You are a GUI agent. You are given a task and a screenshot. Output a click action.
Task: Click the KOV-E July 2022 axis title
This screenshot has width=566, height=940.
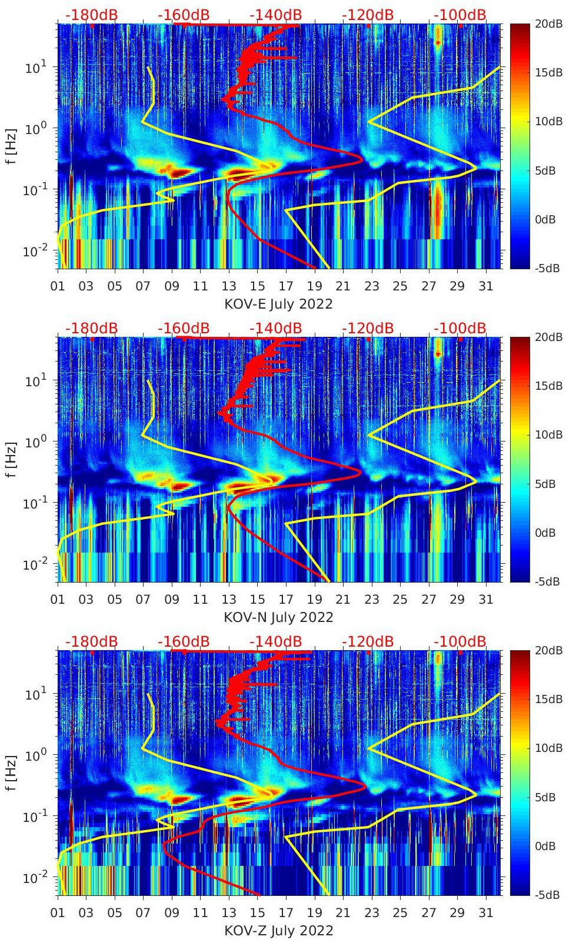coord(278,304)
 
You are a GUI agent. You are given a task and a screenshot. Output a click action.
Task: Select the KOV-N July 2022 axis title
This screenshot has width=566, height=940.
coord(278,617)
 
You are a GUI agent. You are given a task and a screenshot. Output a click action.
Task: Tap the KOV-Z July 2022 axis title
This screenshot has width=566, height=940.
coord(278,931)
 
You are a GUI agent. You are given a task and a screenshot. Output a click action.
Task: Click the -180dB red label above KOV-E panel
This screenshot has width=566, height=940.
coord(91,15)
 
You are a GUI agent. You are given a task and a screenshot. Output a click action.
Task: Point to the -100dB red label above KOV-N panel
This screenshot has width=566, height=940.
coord(460,328)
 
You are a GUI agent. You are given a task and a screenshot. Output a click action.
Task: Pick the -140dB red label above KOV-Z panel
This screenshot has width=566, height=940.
coord(275,641)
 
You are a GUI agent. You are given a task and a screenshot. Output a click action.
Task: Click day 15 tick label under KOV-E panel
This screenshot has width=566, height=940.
coord(257,286)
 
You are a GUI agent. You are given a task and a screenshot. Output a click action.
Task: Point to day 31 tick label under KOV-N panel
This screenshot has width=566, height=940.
coord(485,600)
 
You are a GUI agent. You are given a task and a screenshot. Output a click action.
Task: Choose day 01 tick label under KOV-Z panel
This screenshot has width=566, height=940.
coord(58,913)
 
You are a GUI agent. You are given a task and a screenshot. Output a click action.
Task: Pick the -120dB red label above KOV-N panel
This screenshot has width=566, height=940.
coord(368,328)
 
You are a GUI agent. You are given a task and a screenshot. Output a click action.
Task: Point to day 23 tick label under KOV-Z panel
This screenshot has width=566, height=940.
coord(371,913)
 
